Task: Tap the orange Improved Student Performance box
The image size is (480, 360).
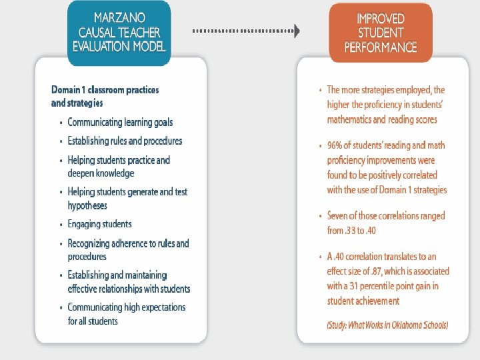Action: click(380, 31)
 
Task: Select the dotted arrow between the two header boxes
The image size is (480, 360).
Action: click(246, 31)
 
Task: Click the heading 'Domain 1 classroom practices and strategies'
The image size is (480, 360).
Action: click(105, 96)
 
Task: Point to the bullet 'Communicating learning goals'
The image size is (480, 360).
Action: click(120, 122)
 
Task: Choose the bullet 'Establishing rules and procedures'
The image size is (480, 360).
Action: click(125, 141)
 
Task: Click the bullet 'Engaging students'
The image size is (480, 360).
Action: click(99, 224)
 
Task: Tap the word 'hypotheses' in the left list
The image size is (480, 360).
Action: click(87, 206)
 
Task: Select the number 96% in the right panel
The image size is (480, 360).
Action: click(336, 145)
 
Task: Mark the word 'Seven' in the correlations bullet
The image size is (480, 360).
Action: click(339, 216)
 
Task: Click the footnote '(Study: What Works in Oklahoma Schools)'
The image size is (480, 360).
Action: click(387, 325)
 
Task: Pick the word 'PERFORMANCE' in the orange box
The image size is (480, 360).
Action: click(380, 47)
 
